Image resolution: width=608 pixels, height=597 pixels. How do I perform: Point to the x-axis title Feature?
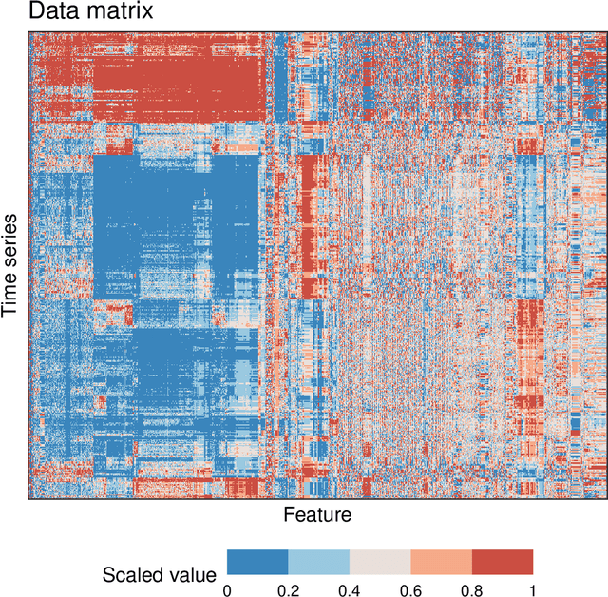[316, 515]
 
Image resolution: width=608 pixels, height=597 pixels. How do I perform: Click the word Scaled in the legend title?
[132, 574]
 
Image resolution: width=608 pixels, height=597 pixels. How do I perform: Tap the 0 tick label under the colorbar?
[226, 589]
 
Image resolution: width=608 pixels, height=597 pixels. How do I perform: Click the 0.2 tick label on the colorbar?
[288, 589]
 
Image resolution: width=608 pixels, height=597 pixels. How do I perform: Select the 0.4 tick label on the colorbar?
[349, 589]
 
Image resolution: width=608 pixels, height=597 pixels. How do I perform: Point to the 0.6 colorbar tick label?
[410, 589]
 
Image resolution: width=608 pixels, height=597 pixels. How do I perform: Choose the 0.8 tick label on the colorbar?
[471, 589]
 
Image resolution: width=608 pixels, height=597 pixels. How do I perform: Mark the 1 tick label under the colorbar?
[533, 589]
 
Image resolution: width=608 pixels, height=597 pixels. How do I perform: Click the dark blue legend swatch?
[256, 564]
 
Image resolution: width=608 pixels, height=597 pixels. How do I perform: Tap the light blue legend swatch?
[318, 564]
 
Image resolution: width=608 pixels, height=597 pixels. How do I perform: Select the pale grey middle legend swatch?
[379, 564]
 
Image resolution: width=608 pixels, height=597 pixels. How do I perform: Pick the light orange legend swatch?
[441, 564]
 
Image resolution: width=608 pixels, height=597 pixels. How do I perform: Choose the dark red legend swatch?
[503, 564]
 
